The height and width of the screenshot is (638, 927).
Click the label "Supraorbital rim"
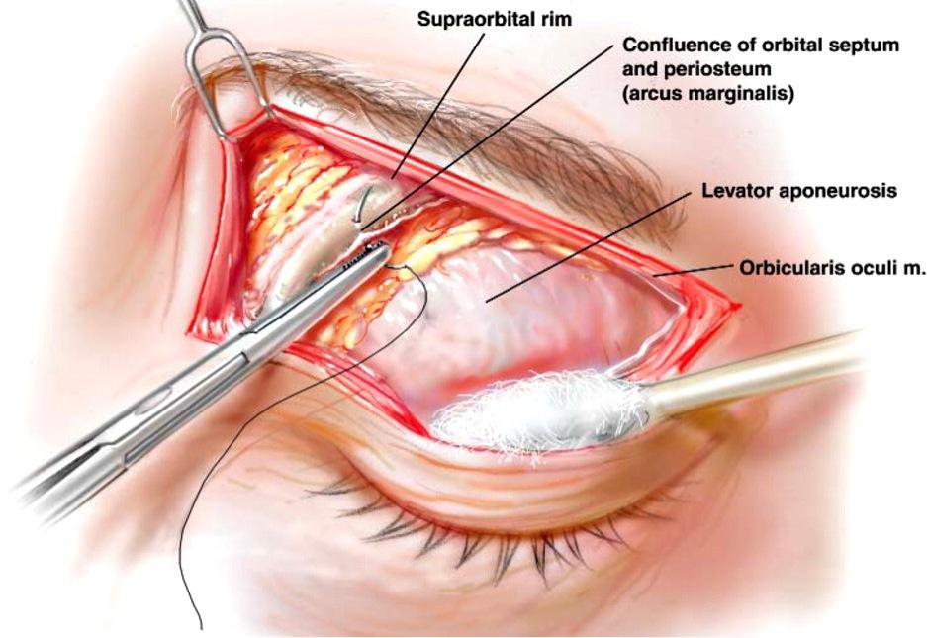pyautogui.click(x=495, y=19)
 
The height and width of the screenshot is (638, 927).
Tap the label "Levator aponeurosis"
pyautogui.click(x=799, y=190)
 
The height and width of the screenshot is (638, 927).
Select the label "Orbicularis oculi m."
pyautogui.click(x=831, y=268)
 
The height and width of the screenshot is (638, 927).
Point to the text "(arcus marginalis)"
pyautogui.click(x=707, y=93)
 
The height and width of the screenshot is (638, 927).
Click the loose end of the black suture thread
pyautogui.click(x=201, y=628)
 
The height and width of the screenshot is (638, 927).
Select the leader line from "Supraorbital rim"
pyautogui.click(x=437, y=105)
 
